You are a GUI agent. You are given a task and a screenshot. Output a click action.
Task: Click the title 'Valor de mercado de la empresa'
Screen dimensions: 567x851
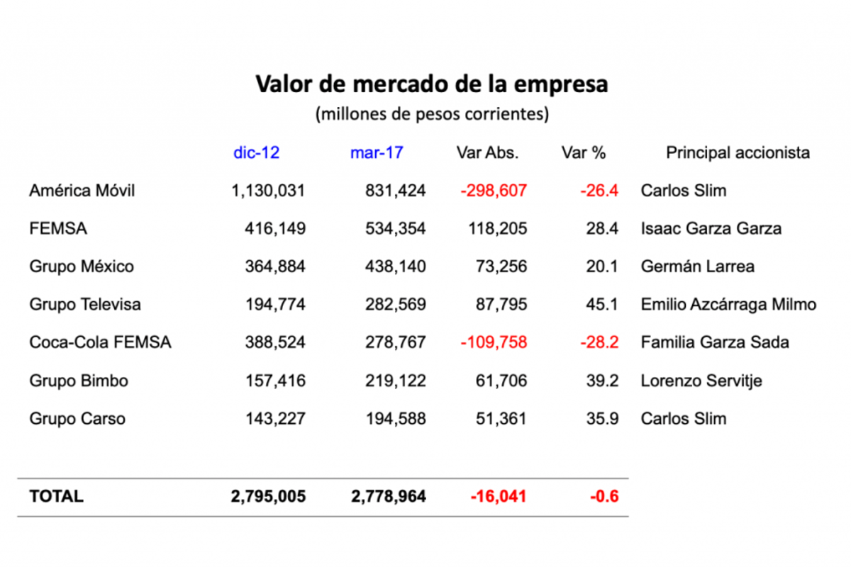click(x=431, y=84)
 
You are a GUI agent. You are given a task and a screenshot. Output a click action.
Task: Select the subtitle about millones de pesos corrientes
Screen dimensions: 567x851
click(x=432, y=114)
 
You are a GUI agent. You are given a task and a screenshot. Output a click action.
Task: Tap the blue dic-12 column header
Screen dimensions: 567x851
click(x=256, y=152)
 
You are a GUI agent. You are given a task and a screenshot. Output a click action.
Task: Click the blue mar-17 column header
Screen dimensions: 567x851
click(x=377, y=152)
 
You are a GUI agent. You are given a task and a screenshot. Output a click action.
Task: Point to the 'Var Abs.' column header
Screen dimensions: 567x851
click(x=487, y=152)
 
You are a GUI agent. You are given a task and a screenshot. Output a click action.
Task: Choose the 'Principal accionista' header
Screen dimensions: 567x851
click(x=738, y=152)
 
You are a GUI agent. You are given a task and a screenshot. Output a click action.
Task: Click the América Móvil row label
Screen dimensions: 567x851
click(x=82, y=191)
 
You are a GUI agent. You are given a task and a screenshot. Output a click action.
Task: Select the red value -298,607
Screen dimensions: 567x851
click(x=494, y=191)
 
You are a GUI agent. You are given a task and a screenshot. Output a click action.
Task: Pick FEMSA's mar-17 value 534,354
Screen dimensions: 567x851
click(x=389, y=229)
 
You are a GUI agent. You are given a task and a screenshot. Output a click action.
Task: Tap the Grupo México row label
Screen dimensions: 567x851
click(x=82, y=266)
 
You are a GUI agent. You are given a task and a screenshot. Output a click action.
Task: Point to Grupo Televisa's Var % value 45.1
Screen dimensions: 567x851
click(x=604, y=305)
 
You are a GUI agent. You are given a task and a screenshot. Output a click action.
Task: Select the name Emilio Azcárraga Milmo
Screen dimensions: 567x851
click(x=728, y=305)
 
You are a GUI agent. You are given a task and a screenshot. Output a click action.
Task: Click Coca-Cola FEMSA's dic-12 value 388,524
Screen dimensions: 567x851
click(x=268, y=342)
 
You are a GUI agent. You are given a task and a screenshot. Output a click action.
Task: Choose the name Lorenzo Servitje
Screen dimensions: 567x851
click(x=701, y=381)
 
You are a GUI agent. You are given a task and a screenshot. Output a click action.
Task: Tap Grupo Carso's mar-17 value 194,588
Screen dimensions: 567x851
click(x=389, y=419)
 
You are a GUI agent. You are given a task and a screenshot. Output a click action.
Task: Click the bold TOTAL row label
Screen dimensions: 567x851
click(x=56, y=496)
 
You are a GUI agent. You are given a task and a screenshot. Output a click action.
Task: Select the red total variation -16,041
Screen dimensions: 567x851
click(x=499, y=496)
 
